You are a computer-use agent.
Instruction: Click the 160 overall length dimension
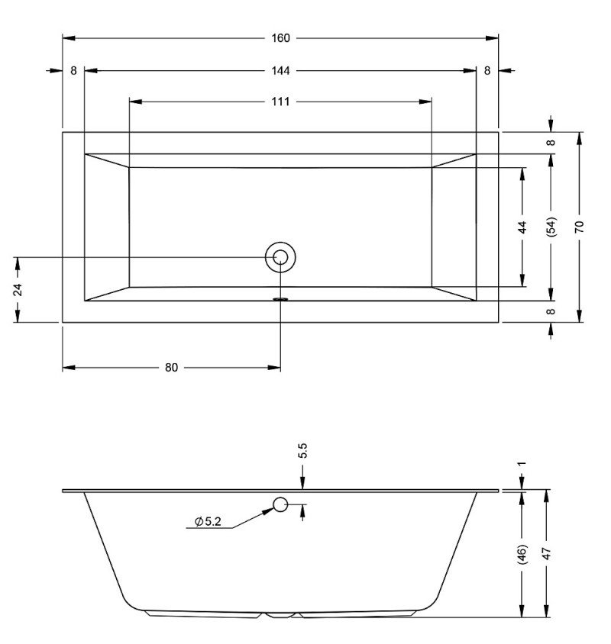(x=280, y=38)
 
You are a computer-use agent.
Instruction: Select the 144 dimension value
(x=280, y=71)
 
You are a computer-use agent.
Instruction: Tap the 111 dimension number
(x=280, y=101)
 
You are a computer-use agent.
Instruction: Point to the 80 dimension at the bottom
(x=171, y=368)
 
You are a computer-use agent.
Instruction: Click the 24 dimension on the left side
(x=18, y=289)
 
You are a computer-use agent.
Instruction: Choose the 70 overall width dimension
(x=579, y=227)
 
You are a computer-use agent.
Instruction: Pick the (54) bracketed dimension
(x=551, y=227)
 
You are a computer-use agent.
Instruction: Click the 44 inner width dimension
(x=522, y=227)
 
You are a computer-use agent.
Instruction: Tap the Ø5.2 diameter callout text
(x=208, y=522)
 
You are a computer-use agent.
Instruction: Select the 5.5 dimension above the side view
(x=302, y=450)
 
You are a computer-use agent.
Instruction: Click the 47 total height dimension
(x=546, y=553)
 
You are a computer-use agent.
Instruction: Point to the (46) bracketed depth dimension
(x=522, y=554)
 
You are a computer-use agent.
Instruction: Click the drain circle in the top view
(x=280, y=257)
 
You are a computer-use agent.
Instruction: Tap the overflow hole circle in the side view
(x=280, y=504)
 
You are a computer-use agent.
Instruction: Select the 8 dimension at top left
(x=73, y=71)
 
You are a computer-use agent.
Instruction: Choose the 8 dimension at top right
(x=487, y=71)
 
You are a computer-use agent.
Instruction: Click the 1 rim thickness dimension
(x=522, y=464)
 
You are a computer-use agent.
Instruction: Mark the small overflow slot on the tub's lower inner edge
(x=281, y=299)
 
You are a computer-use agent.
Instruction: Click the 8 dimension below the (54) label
(x=551, y=311)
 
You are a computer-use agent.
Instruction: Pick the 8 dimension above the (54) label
(x=551, y=142)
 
